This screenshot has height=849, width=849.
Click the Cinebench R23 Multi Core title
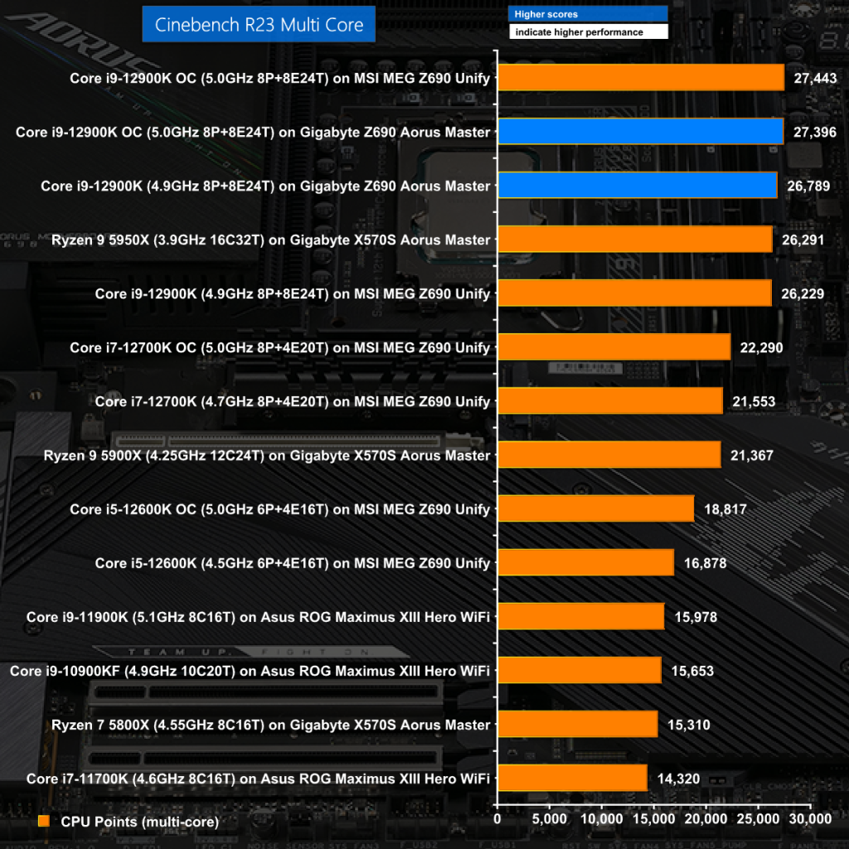tap(259, 25)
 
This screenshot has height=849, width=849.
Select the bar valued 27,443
tap(640, 78)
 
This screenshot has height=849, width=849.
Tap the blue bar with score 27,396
tap(640, 132)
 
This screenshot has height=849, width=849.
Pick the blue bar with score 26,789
tap(637, 186)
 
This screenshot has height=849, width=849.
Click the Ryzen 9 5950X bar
tap(634, 240)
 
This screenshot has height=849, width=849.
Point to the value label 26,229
tap(801, 294)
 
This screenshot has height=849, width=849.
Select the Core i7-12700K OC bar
tap(614, 347)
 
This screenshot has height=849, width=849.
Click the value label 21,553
tap(754, 401)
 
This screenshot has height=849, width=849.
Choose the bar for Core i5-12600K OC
tap(595, 509)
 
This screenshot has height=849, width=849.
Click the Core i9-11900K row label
tap(258, 617)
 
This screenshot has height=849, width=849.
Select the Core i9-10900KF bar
tap(579, 671)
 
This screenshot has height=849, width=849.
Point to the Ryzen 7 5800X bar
tap(577, 725)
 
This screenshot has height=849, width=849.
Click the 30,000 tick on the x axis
tap(809, 819)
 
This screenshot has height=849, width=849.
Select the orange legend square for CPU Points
tap(44, 821)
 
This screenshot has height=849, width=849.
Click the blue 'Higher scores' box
tap(587, 14)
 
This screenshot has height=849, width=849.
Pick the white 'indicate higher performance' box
tap(587, 32)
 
